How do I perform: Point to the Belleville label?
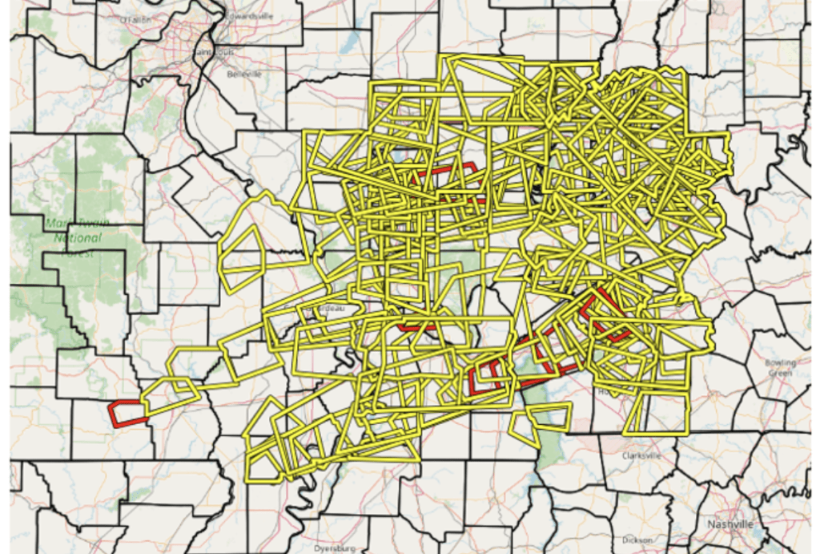pyautogui.click(x=244, y=74)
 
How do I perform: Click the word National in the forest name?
pyautogui.click(x=78, y=238)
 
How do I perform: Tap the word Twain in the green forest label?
pyautogui.click(x=92, y=224)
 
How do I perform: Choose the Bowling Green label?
pyautogui.click(x=779, y=367)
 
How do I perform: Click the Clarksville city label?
pyautogui.click(x=641, y=455)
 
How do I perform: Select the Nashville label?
pyautogui.click(x=730, y=524)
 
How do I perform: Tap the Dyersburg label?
pyautogui.click(x=335, y=548)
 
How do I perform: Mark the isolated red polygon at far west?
pyautogui.click(x=127, y=413)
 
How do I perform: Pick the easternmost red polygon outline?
pyautogui.click(x=607, y=317)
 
